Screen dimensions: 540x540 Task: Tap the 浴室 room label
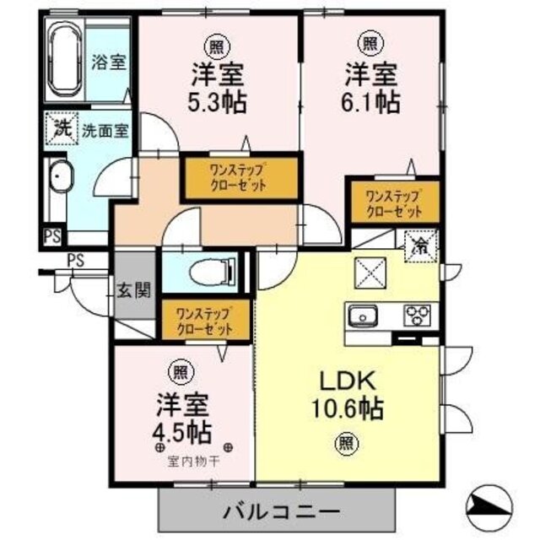click(108, 62)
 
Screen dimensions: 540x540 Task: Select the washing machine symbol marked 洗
click(62, 128)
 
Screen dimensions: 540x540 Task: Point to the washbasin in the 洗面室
click(62, 176)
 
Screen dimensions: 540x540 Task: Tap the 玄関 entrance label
click(134, 291)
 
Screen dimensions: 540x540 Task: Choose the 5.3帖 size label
click(218, 101)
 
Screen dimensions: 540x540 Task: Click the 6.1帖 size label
click(371, 101)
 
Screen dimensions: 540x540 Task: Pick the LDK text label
click(347, 381)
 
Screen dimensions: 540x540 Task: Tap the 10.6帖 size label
click(347, 408)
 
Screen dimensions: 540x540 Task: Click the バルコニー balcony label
click(282, 512)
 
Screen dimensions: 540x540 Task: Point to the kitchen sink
click(363, 316)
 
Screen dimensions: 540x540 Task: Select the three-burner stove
click(417, 315)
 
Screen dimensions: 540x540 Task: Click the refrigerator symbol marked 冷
click(421, 246)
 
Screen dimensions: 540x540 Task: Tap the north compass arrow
click(489, 506)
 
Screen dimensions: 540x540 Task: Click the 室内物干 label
click(193, 462)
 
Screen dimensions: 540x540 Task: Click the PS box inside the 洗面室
click(52, 237)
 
